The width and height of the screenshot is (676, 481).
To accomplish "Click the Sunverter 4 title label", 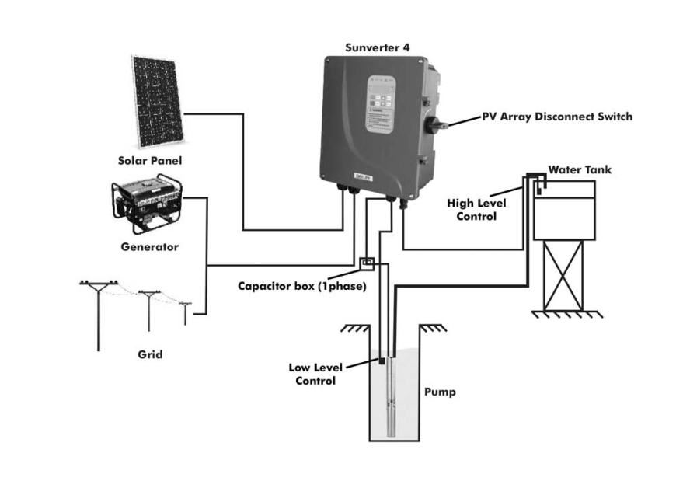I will (x=377, y=47).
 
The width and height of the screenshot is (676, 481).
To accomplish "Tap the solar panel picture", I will (x=157, y=101).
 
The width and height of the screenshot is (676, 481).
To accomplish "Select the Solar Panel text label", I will (x=149, y=161).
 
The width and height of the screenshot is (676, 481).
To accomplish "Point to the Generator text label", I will (x=149, y=247).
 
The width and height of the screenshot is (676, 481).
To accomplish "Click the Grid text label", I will (x=150, y=354).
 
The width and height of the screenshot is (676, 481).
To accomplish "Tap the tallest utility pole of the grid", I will (x=99, y=311).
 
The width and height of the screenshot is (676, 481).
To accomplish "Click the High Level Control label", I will (x=476, y=210).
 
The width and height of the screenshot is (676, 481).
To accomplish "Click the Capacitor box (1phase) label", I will (x=301, y=286).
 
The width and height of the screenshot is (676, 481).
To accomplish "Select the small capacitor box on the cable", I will (x=369, y=263).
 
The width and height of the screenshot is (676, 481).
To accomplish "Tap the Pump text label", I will (x=439, y=392).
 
